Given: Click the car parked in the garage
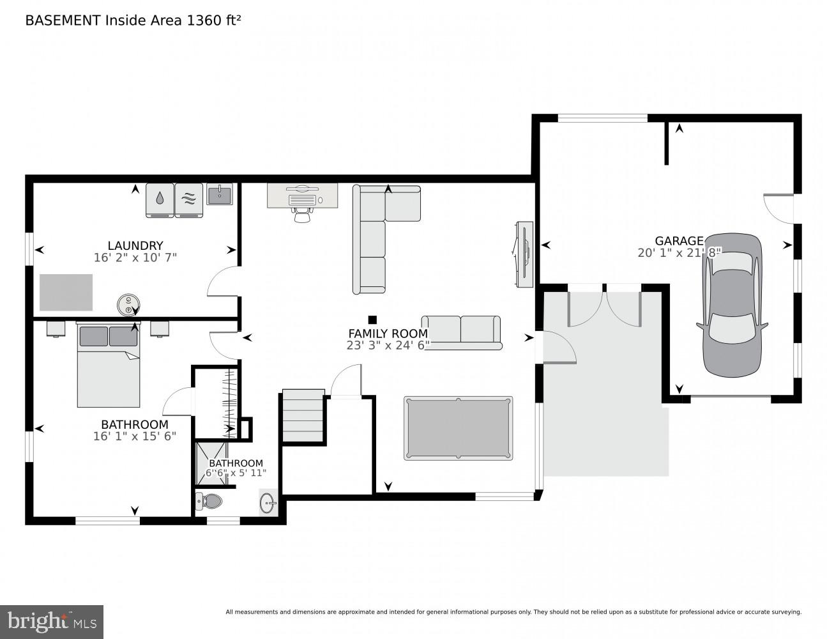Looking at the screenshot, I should tap(732, 305).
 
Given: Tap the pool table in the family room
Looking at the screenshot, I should tap(458, 428).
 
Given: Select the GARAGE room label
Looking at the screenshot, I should tap(679, 241).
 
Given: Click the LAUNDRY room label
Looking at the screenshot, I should tap(135, 245).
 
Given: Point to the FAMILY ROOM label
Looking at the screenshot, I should tap(388, 334).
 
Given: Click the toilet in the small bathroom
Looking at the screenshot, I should tap(208, 502).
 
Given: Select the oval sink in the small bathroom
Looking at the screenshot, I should tap(268, 503).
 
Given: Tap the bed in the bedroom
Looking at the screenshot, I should tap(109, 367).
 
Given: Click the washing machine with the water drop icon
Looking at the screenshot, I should tap(160, 200).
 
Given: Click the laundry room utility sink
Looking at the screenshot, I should tap(220, 194).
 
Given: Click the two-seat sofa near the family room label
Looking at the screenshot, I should tap(461, 332).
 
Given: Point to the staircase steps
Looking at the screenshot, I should tap(303, 417).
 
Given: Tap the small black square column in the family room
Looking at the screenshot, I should tap(372, 319).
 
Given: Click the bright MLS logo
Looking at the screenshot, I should tap(51, 621).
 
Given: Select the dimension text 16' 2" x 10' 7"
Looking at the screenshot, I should tap(135, 258).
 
